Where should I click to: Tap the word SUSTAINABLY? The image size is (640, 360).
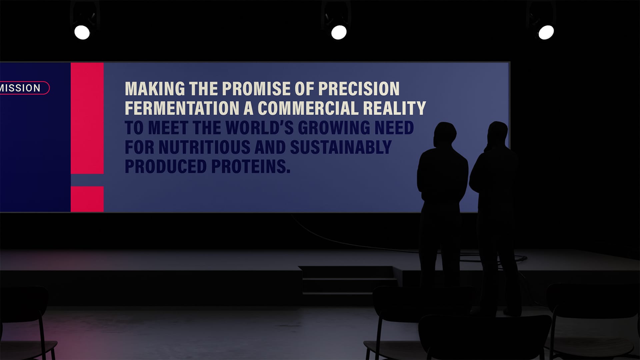341,147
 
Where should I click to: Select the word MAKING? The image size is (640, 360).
155,89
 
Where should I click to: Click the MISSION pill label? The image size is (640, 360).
23,88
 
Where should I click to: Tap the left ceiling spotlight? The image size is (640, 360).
82,32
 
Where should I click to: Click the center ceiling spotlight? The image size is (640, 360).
339,32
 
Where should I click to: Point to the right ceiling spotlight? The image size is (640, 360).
546,32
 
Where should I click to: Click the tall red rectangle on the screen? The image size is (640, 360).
87,118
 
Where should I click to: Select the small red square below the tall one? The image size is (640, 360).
87,199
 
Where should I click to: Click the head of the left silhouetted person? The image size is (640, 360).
445,134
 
